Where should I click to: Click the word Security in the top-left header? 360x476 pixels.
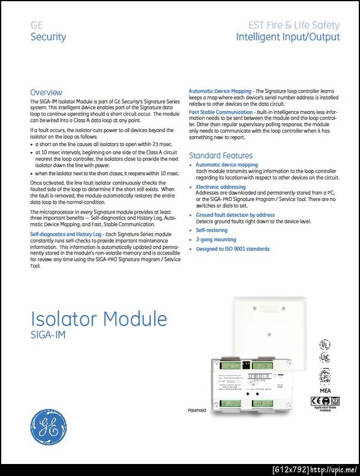click(48, 37)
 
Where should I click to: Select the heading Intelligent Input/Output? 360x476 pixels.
click(287, 37)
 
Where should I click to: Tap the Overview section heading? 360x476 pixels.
click(46, 92)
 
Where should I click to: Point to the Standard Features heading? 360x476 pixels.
click(220, 155)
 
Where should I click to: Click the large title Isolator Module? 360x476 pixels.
click(98, 319)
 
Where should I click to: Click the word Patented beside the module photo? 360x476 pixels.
click(196, 411)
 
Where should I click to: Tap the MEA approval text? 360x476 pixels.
click(325, 390)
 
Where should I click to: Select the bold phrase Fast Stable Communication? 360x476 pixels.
click(221, 112)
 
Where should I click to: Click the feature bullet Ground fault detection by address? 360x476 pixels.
click(235, 215)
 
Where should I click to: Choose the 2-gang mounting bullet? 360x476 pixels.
click(216, 240)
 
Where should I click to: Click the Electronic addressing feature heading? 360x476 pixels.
click(221, 187)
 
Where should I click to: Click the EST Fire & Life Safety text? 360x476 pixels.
click(294, 25)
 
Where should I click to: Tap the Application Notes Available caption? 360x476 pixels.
click(325, 408)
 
